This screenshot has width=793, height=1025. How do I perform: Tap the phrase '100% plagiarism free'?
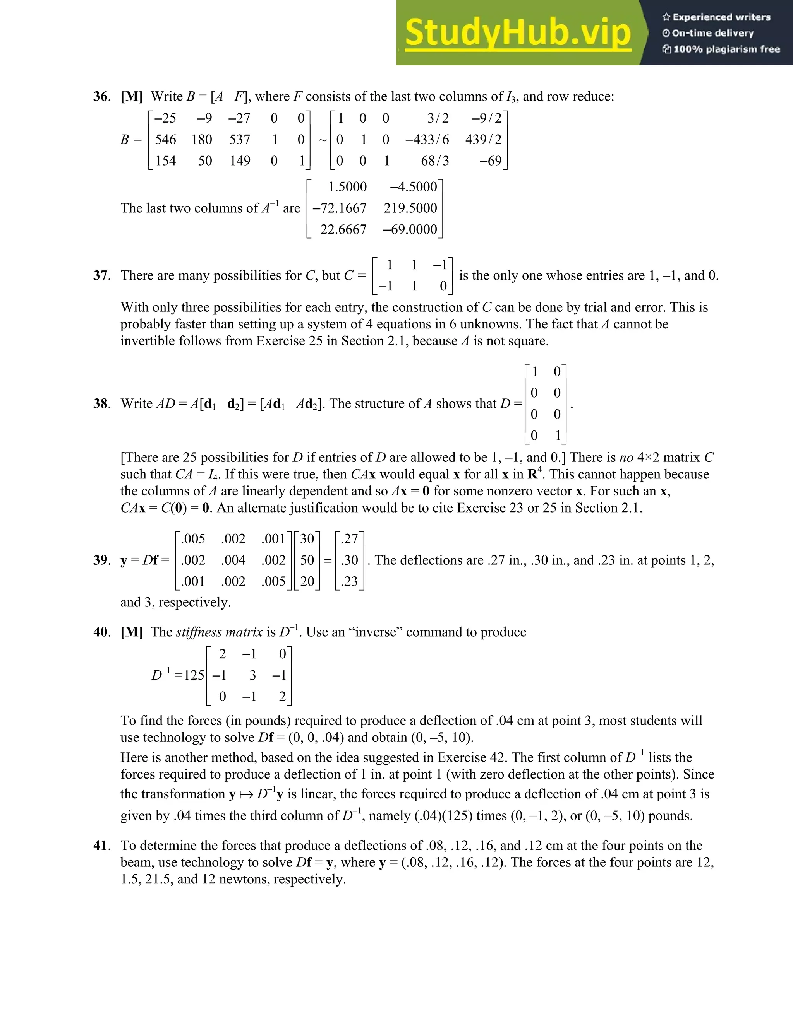[726, 49]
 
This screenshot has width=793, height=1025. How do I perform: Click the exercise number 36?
[101, 96]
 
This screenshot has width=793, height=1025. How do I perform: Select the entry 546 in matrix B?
[165, 139]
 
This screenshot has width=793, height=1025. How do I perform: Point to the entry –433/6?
[427, 139]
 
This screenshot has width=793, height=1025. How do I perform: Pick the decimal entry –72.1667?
[339, 208]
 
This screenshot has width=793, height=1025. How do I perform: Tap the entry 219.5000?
[410, 208]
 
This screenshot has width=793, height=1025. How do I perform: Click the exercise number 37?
[101, 275]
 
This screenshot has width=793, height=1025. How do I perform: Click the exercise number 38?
[101, 403]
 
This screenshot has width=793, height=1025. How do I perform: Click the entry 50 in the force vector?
[307, 560]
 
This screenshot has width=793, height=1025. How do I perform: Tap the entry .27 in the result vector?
[350, 539]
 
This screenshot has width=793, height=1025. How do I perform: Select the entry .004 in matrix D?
[233, 560]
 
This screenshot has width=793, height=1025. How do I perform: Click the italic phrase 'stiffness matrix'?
[219, 632]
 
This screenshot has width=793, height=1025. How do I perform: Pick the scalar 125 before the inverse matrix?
[194, 675]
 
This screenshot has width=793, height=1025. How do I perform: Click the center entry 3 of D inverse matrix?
[253, 675]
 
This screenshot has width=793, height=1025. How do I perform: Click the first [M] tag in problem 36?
[132, 96]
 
